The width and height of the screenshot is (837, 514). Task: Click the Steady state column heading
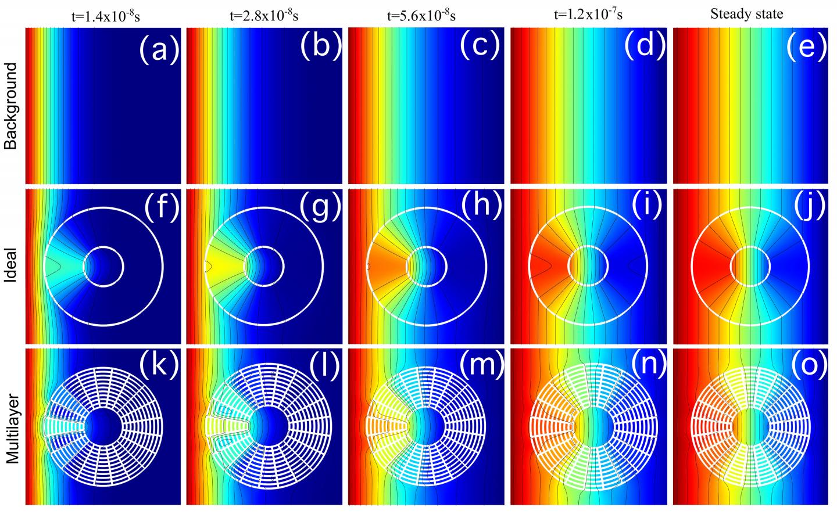[747, 15]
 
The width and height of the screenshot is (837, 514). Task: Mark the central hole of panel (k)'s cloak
[103, 428]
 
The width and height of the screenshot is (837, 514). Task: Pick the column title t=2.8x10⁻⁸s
[264, 16]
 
